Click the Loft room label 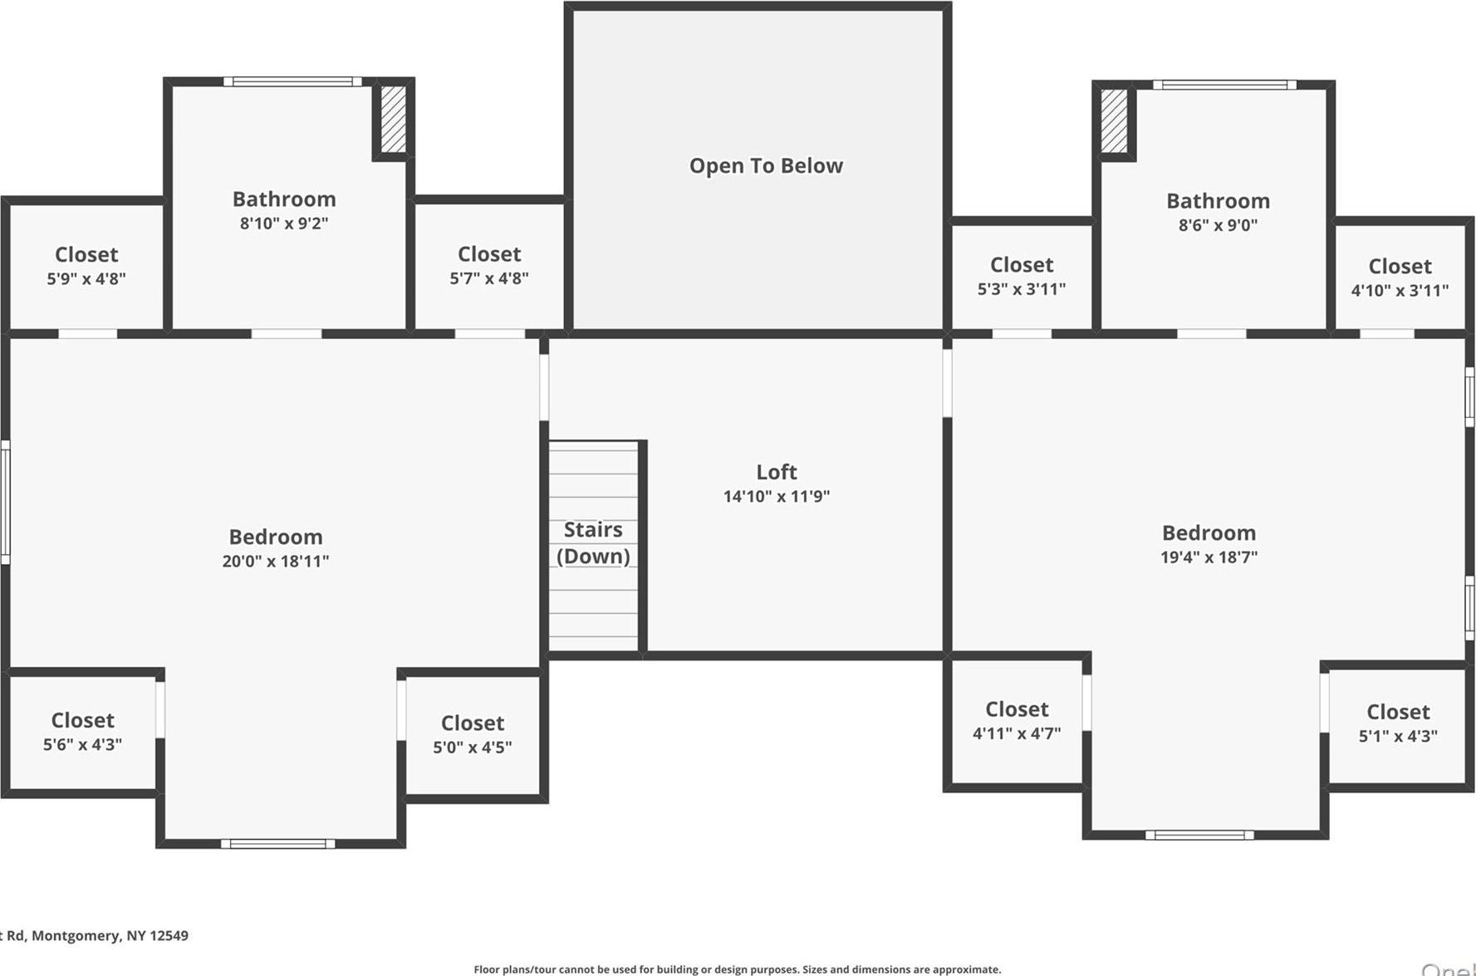pos(776,472)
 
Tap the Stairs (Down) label pos(593,542)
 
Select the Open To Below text pos(766,165)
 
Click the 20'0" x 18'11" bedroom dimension pos(275,562)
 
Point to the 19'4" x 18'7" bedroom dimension pos(1209,557)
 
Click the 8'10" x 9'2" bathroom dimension pos(284,223)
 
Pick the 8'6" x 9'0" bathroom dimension pos(1218,225)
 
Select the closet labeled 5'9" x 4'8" pos(86,266)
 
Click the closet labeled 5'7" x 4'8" pos(489,265)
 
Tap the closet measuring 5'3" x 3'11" pos(1021,276)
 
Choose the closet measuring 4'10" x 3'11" pos(1400,277)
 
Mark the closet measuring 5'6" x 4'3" pos(82,732)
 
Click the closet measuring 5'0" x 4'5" pos(472,734)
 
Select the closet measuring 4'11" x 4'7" pos(1017,721)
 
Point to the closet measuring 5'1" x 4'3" pos(1398,723)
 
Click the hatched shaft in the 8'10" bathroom pos(393,119)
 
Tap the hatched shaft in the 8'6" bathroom pos(1114,120)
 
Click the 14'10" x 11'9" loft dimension pos(776,497)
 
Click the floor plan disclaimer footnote pos(737,969)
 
